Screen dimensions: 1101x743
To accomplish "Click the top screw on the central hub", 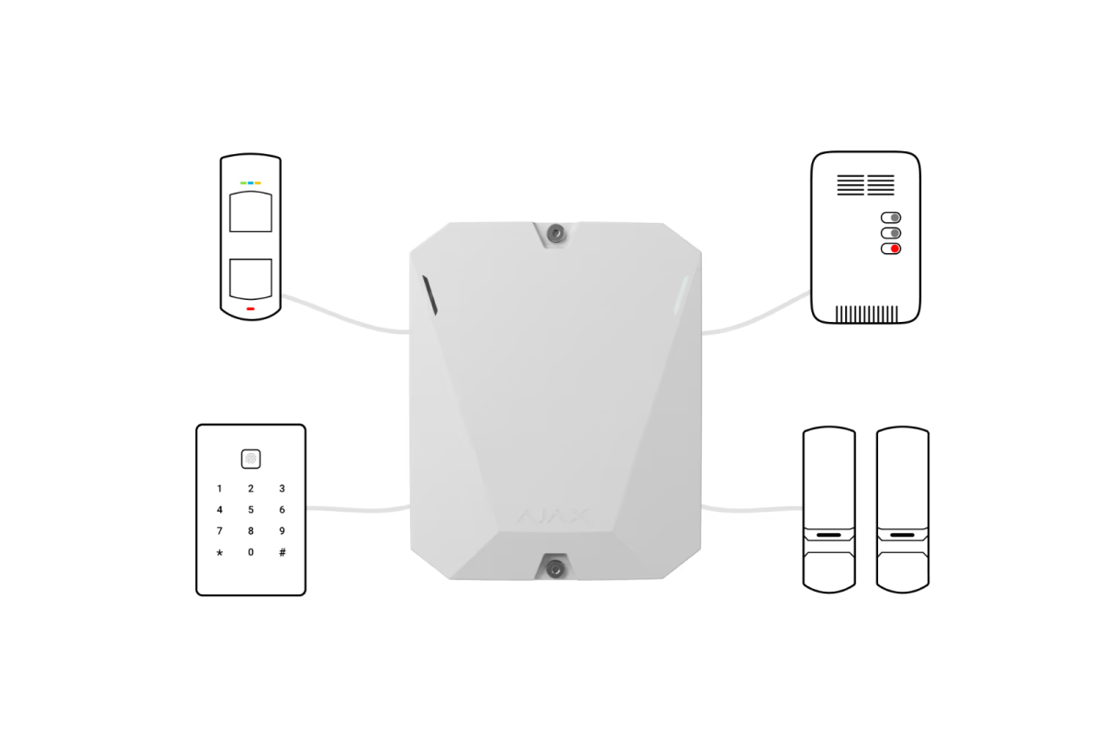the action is [x=555, y=233].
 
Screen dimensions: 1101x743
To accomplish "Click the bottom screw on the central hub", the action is [x=555, y=569].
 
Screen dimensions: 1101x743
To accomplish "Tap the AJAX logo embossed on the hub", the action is [x=553, y=517].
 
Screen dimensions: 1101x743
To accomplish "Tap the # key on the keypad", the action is [x=283, y=552].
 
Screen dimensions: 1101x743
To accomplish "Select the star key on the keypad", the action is [x=219, y=553].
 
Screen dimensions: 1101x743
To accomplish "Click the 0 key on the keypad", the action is [x=250, y=552].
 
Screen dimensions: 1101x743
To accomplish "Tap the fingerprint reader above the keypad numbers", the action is [x=250, y=459].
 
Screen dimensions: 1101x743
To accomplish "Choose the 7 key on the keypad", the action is [x=219, y=531].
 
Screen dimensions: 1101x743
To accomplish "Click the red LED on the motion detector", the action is [x=250, y=309].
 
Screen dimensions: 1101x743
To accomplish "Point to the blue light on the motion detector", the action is [x=250, y=183].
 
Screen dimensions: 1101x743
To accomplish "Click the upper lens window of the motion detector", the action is [x=250, y=212].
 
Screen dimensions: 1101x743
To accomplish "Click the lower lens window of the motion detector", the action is [x=250, y=279].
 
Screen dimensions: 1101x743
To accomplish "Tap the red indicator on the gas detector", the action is [x=895, y=249].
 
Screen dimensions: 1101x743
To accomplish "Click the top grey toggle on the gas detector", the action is [x=891, y=217].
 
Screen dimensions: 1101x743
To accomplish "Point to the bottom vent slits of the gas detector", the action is [x=866, y=314].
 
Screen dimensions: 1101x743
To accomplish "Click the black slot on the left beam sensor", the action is [x=829, y=535].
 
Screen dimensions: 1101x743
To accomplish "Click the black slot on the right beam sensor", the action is [x=903, y=535].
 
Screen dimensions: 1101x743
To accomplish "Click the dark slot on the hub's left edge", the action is [x=429, y=294].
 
